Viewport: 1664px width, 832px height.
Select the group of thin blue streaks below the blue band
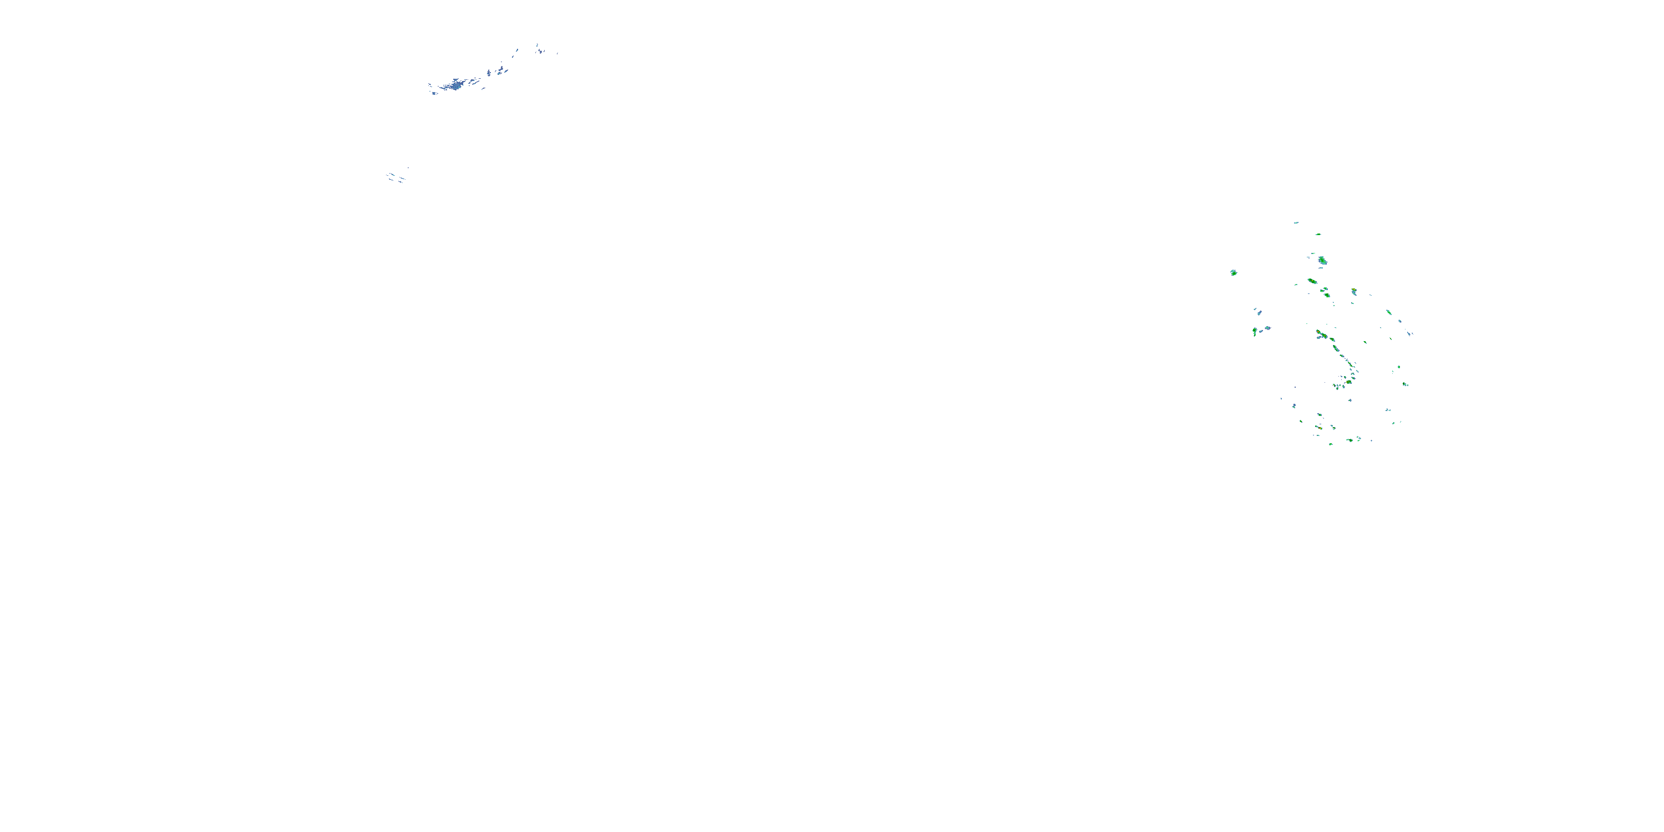pos(397,177)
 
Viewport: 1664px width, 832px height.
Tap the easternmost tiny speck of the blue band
pos(556,52)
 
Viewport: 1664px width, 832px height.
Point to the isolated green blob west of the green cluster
pos(1233,272)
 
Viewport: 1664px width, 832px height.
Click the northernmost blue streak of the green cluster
pos(1296,223)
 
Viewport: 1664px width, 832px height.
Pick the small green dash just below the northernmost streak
pos(1318,235)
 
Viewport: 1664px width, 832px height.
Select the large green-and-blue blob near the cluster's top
pos(1322,261)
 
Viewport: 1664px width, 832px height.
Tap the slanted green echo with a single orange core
pos(1312,281)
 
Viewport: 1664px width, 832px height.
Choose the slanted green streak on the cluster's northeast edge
pos(1388,312)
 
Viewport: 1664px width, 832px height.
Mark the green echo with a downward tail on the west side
pos(1255,331)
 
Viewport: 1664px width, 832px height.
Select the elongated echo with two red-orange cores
pos(1321,334)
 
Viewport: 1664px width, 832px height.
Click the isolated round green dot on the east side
pos(1405,384)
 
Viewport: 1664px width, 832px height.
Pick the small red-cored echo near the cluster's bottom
pos(1320,427)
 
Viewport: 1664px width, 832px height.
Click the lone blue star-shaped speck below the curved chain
pos(1350,400)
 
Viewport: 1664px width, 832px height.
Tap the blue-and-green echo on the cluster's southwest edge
pos(1294,405)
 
